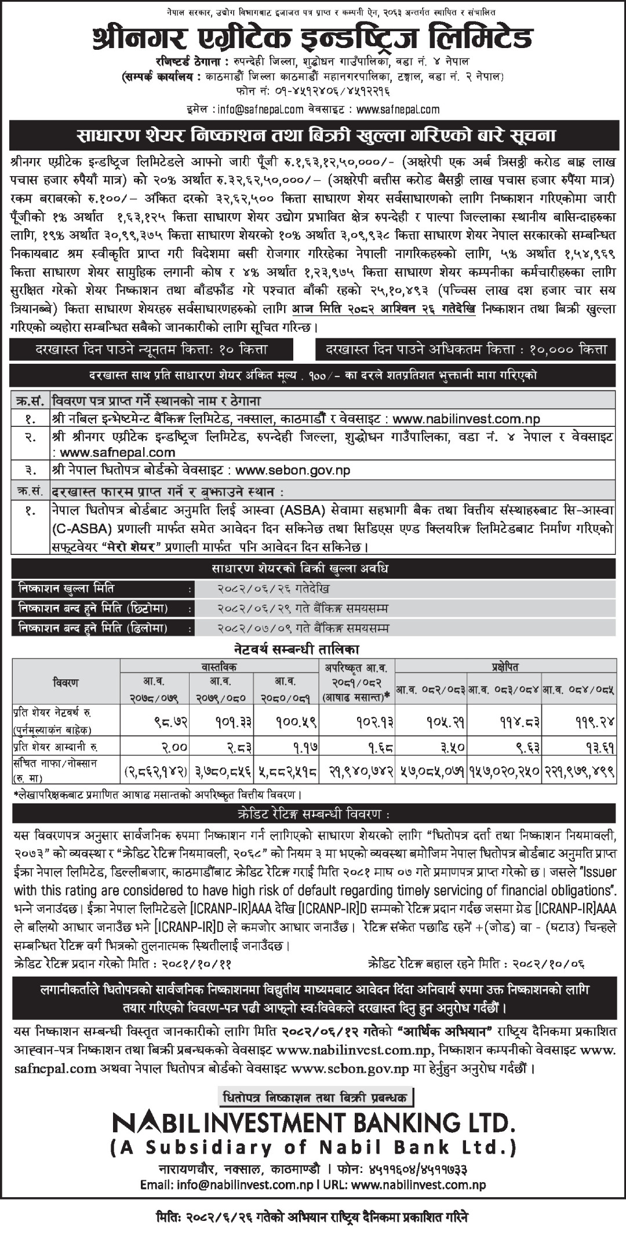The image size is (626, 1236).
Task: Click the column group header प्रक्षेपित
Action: point(504,667)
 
